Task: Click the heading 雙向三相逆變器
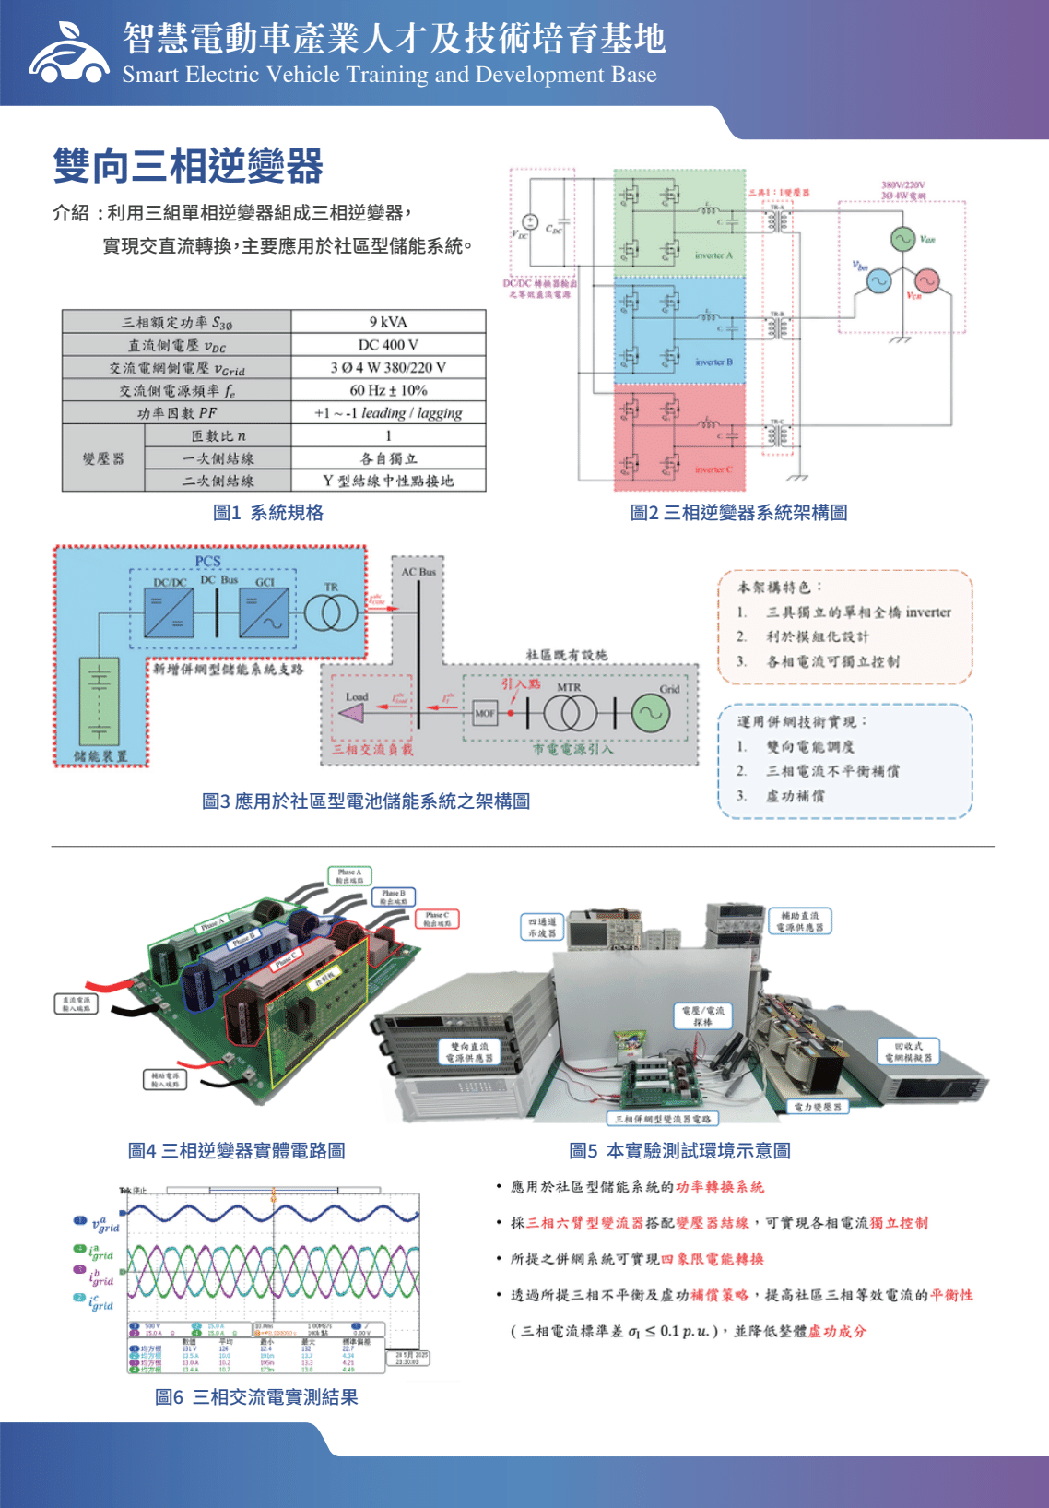pos(188,166)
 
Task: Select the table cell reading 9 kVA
pos(388,322)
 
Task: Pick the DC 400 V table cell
pos(388,345)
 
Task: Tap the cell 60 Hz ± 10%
pos(388,390)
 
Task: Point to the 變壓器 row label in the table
pos(103,458)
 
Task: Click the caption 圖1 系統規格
pos(268,513)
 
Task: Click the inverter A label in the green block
pos(713,255)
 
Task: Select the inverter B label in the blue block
pos(713,362)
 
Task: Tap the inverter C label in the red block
pos(713,469)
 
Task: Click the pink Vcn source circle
pos(926,280)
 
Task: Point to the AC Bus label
pos(418,573)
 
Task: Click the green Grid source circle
pos(651,713)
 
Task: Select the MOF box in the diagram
pos(485,713)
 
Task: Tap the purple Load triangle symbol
pos(352,713)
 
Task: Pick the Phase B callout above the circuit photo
pos(394,896)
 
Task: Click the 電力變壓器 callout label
pos(818,1107)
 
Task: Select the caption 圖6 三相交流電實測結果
pos(256,1397)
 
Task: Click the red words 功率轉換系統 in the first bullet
pos(720,1187)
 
